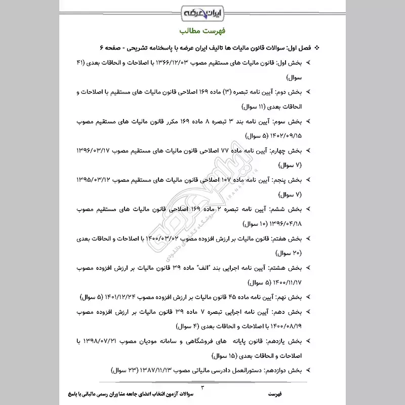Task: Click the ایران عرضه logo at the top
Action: (x=203, y=11)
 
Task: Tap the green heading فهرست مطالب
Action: (x=202, y=32)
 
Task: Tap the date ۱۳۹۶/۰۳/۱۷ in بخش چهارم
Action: (x=94, y=151)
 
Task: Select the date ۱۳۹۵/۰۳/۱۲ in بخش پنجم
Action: (x=94, y=180)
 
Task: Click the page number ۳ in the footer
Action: (x=202, y=387)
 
